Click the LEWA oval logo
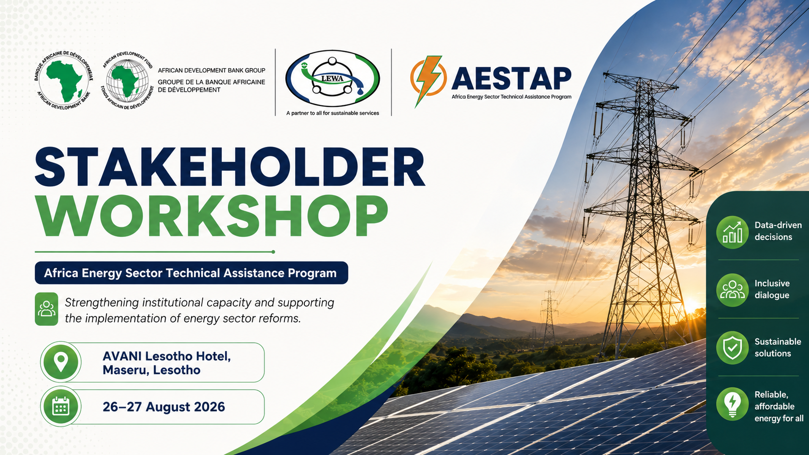tap(332, 78)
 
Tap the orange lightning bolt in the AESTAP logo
tap(428, 80)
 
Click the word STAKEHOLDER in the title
tap(230, 167)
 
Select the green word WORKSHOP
tap(211, 216)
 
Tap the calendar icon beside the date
tap(60, 407)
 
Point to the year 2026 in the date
tap(210, 407)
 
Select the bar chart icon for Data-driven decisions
tap(732, 233)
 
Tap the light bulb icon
tap(732, 405)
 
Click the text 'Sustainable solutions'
tap(778, 348)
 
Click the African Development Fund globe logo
tap(127, 80)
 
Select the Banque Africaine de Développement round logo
tap(63, 80)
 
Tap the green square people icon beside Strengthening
tap(46, 309)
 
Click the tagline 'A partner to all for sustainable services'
tap(332, 113)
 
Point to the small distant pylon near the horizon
tap(549, 319)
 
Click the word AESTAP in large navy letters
tap(511, 78)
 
